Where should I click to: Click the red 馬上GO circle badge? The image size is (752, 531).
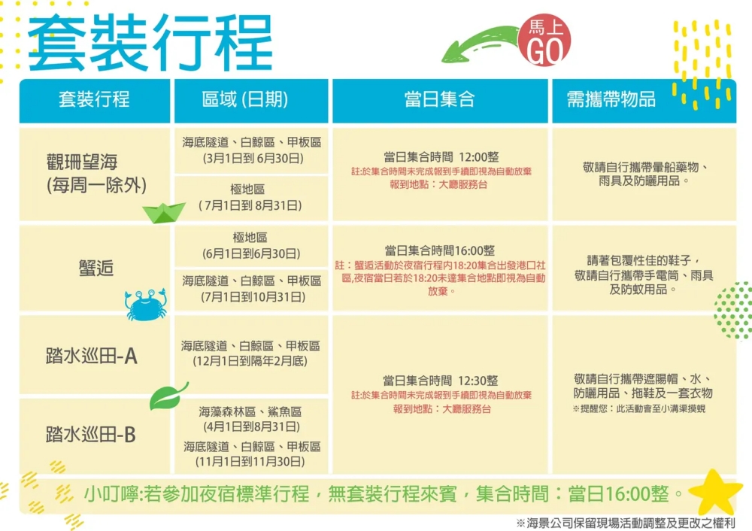544,40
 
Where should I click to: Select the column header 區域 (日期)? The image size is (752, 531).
245,99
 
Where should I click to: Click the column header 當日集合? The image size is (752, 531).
439,99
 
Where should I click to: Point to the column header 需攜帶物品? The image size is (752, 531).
611,99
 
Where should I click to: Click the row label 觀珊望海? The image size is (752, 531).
82,162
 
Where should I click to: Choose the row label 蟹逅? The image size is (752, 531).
96,268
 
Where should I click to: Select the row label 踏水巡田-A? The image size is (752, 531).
92,356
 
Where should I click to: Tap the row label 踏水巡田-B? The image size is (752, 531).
91,435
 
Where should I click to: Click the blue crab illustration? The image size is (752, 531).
146,304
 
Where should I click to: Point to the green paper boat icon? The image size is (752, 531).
163,213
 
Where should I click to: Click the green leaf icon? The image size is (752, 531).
168,396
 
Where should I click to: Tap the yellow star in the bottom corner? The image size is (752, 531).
714,493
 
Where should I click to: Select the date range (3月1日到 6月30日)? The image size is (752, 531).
253,158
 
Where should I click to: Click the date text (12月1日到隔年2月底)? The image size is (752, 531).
250,361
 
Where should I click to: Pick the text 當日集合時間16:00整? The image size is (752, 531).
440,250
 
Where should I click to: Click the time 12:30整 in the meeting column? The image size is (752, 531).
478,381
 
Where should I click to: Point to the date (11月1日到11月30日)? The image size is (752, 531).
250,462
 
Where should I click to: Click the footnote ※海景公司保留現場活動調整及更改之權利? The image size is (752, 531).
626,523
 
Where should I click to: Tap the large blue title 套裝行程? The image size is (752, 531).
150,42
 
